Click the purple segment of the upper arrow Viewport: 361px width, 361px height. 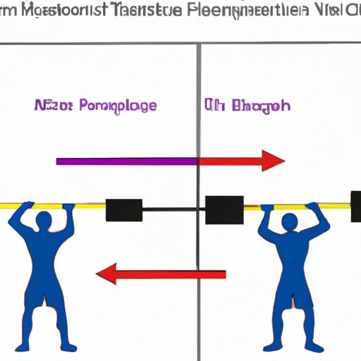point(127,161)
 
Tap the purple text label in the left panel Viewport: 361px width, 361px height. point(95,106)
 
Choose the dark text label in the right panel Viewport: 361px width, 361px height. point(246,106)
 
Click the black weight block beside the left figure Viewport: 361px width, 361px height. point(123,210)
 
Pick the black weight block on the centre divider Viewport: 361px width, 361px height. point(224,210)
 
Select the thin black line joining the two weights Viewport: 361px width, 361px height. point(173,209)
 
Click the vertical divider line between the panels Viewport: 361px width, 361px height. point(200,106)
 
